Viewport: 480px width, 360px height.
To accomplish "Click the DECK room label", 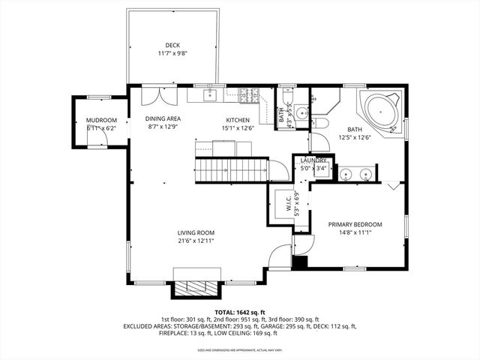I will (x=172, y=45).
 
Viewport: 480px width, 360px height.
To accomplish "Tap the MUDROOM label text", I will (x=101, y=120).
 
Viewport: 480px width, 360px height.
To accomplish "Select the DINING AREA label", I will (x=163, y=118).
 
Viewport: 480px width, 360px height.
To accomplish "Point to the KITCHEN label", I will (x=238, y=119).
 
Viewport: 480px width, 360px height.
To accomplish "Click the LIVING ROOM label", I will (x=196, y=232).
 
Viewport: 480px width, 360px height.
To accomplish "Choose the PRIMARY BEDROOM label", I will (x=355, y=224).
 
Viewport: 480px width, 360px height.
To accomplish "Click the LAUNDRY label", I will (x=313, y=160).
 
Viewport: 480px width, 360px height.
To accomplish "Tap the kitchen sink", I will (x=210, y=94).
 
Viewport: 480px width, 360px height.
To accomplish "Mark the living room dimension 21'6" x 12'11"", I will (x=196, y=241).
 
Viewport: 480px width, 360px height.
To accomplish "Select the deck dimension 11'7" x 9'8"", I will (x=172, y=54).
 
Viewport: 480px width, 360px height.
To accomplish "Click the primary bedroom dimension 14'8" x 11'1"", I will (x=355, y=233).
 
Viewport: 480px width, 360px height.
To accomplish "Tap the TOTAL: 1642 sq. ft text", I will (x=240, y=312).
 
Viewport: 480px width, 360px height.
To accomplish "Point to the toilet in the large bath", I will (x=317, y=124).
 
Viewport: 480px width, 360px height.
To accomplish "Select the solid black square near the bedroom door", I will (x=300, y=262).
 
